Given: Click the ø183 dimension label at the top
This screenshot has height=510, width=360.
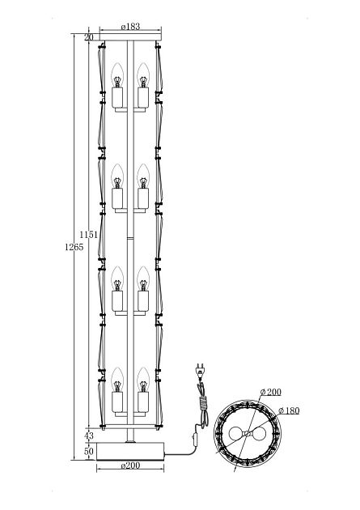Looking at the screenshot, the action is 130,27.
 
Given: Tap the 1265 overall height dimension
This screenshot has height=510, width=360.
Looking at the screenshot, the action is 74,247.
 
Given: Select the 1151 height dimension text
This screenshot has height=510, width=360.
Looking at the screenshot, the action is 89,235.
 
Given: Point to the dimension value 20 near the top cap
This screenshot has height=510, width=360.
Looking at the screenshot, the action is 88,37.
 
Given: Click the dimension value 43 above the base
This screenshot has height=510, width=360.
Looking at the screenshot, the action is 88,436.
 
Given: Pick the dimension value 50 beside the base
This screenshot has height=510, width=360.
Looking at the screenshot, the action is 88,452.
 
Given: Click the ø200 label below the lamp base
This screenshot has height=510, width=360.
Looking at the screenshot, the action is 130,465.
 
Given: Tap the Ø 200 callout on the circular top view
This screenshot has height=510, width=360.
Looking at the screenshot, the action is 271,392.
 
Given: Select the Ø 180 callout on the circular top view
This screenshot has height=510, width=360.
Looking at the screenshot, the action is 289,410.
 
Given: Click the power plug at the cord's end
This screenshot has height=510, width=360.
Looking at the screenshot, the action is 200,372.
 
